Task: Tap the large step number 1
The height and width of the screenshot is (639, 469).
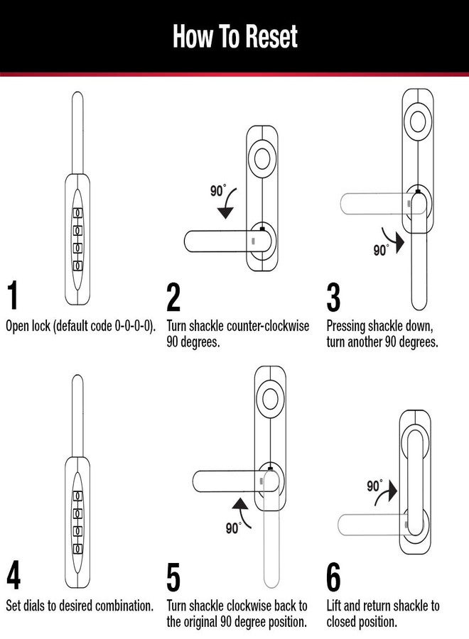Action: click(13, 297)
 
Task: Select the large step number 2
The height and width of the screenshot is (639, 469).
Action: click(173, 297)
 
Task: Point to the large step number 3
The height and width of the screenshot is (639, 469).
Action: click(333, 297)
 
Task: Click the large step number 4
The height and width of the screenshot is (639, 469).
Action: click(13, 576)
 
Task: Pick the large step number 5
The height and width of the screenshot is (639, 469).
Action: click(173, 577)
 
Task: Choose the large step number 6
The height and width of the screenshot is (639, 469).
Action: click(333, 577)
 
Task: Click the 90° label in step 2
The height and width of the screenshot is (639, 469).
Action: click(218, 190)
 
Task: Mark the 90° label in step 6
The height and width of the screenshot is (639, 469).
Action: click(374, 486)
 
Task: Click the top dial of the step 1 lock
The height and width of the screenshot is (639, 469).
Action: click(79, 212)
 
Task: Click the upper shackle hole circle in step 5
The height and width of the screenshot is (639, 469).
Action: click(270, 397)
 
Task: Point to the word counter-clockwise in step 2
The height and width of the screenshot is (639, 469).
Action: click(268, 327)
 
